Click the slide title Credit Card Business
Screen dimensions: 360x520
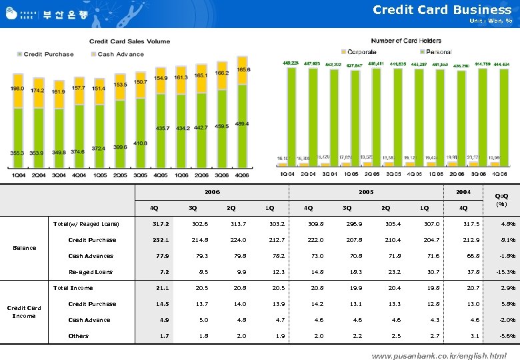tap(441, 9)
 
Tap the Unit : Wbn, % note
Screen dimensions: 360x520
tap(490, 21)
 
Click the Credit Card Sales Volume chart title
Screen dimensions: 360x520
tap(129, 41)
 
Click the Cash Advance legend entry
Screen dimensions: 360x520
tap(120, 54)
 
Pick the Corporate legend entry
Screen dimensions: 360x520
tap(361, 51)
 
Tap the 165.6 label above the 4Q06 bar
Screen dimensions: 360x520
tap(243, 70)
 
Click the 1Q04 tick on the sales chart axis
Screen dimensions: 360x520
tap(17, 175)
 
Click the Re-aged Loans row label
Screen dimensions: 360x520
tap(91, 272)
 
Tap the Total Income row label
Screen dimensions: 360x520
tap(73, 288)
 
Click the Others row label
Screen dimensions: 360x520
tap(78, 336)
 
